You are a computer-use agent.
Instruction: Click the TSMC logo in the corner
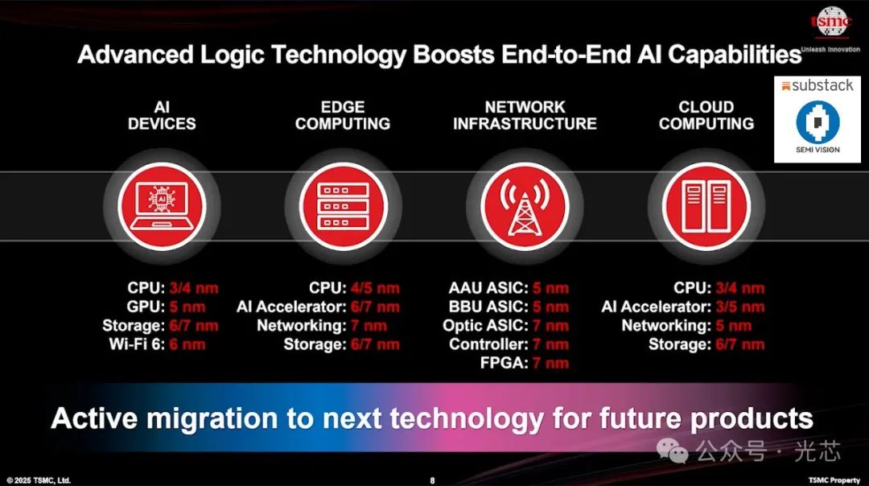830,23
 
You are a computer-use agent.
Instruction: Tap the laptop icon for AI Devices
162,207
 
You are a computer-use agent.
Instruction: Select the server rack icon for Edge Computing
343,207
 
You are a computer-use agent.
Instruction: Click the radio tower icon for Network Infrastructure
525,207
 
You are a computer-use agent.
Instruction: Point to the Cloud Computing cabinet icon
706,207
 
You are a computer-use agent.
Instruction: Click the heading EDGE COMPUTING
343,115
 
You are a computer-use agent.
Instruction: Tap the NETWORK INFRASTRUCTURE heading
525,115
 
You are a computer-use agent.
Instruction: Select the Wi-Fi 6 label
137,344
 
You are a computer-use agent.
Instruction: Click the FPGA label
504,363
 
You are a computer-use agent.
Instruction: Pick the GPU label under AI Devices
146,307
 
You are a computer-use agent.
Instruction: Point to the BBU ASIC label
488,307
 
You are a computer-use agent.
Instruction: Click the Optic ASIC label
485,326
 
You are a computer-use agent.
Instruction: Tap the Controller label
488,344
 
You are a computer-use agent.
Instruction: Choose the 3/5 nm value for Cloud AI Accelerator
740,307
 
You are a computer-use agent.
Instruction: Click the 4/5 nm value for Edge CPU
375,288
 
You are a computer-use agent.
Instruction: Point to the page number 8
432,480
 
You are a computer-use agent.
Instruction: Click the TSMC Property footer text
834,480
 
